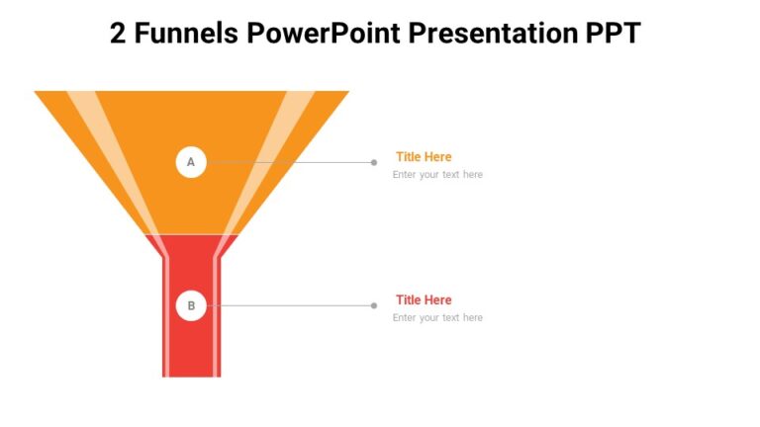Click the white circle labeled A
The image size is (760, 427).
tap(191, 162)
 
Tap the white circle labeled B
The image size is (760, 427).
tap(191, 305)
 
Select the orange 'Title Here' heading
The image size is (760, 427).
tap(424, 156)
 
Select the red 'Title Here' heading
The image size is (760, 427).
tap(424, 299)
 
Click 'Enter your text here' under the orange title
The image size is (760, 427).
tap(437, 175)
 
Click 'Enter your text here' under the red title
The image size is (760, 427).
tap(437, 318)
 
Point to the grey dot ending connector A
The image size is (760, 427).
tap(373, 162)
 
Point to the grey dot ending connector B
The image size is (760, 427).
tap(373, 305)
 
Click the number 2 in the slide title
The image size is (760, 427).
tap(118, 34)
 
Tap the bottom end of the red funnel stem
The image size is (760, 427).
tap(191, 373)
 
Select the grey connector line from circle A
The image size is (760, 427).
tap(287, 162)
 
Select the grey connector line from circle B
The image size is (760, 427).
tap(287, 305)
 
